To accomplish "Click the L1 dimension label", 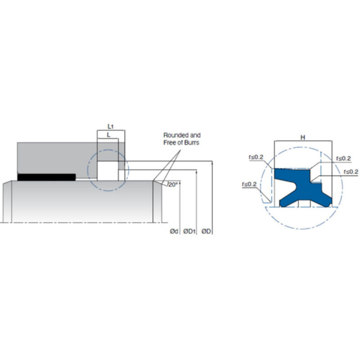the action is pos(111,126).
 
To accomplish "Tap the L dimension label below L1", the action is pos(108,135).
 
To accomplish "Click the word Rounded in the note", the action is pos(175,135).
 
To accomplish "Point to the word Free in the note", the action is pos(169,143).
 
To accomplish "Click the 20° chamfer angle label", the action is pos(173,184).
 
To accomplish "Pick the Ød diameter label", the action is pos(174,231).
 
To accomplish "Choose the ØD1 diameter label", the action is pos(189,231).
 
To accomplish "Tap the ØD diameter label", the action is pos(206,231).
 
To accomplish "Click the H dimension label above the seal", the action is pos(303,138).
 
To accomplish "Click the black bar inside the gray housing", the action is pos(47,177).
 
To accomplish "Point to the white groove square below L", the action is pos(108,171).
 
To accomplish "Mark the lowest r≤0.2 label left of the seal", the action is pos(249,184).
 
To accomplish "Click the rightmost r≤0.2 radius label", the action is pos(351,172).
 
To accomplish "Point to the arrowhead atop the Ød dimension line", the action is pos(180,183).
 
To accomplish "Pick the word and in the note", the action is pos(195,135).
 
